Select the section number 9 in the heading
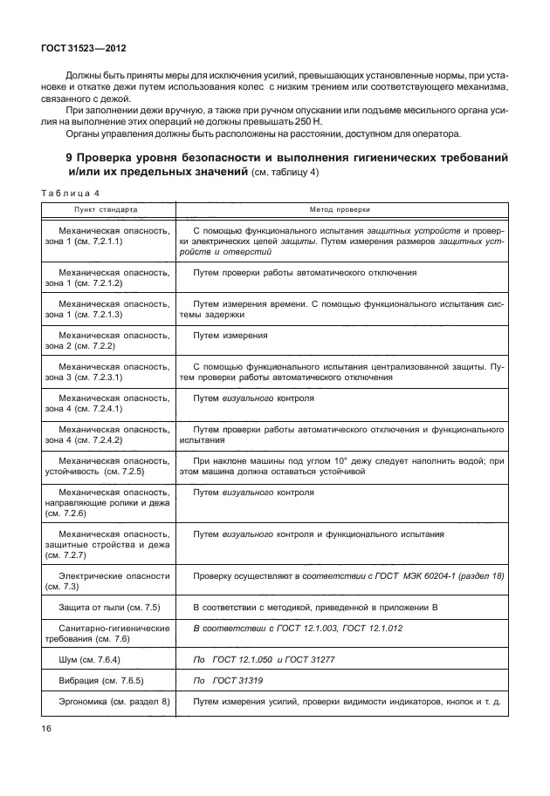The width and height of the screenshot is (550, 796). pyautogui.click(x=70, y=158)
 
